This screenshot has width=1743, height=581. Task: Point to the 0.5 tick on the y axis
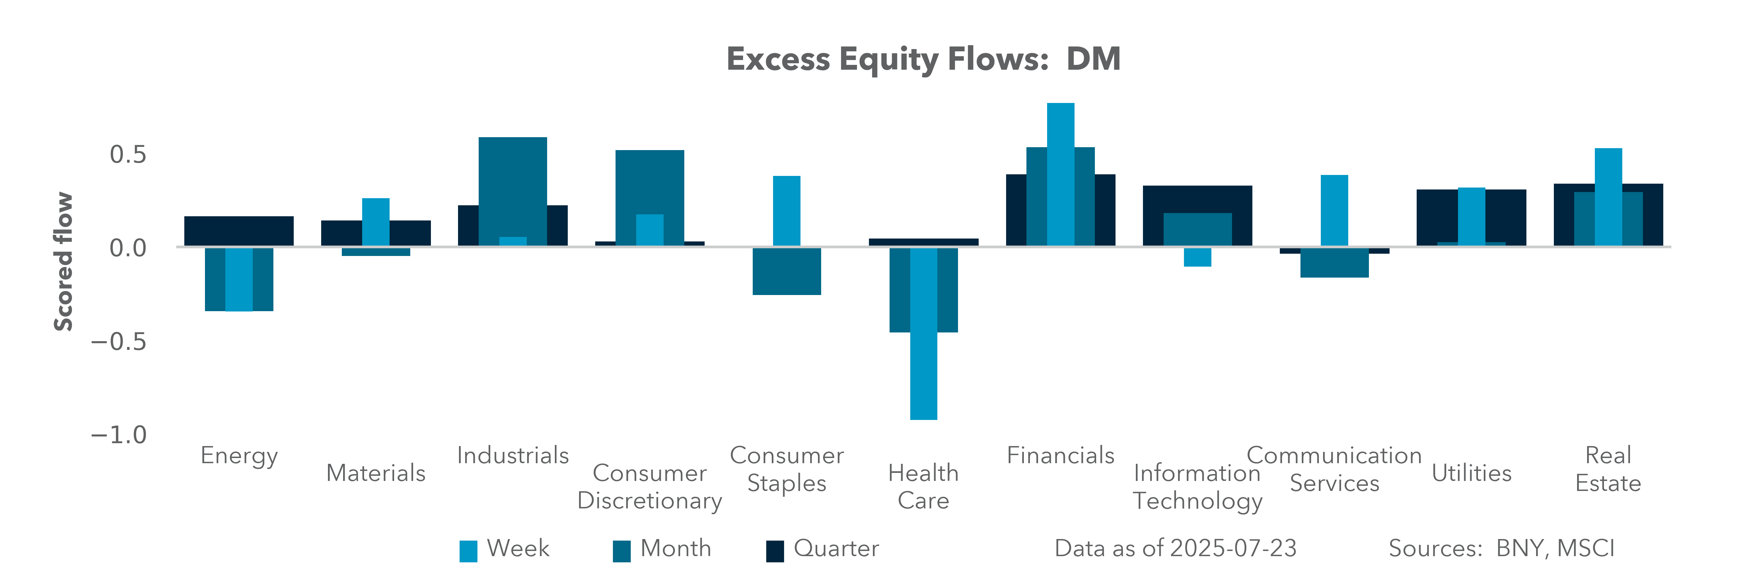pos(128,155)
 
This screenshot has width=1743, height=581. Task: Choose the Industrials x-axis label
pos(513,455)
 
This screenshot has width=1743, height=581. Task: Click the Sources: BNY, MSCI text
pos(1501,548)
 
